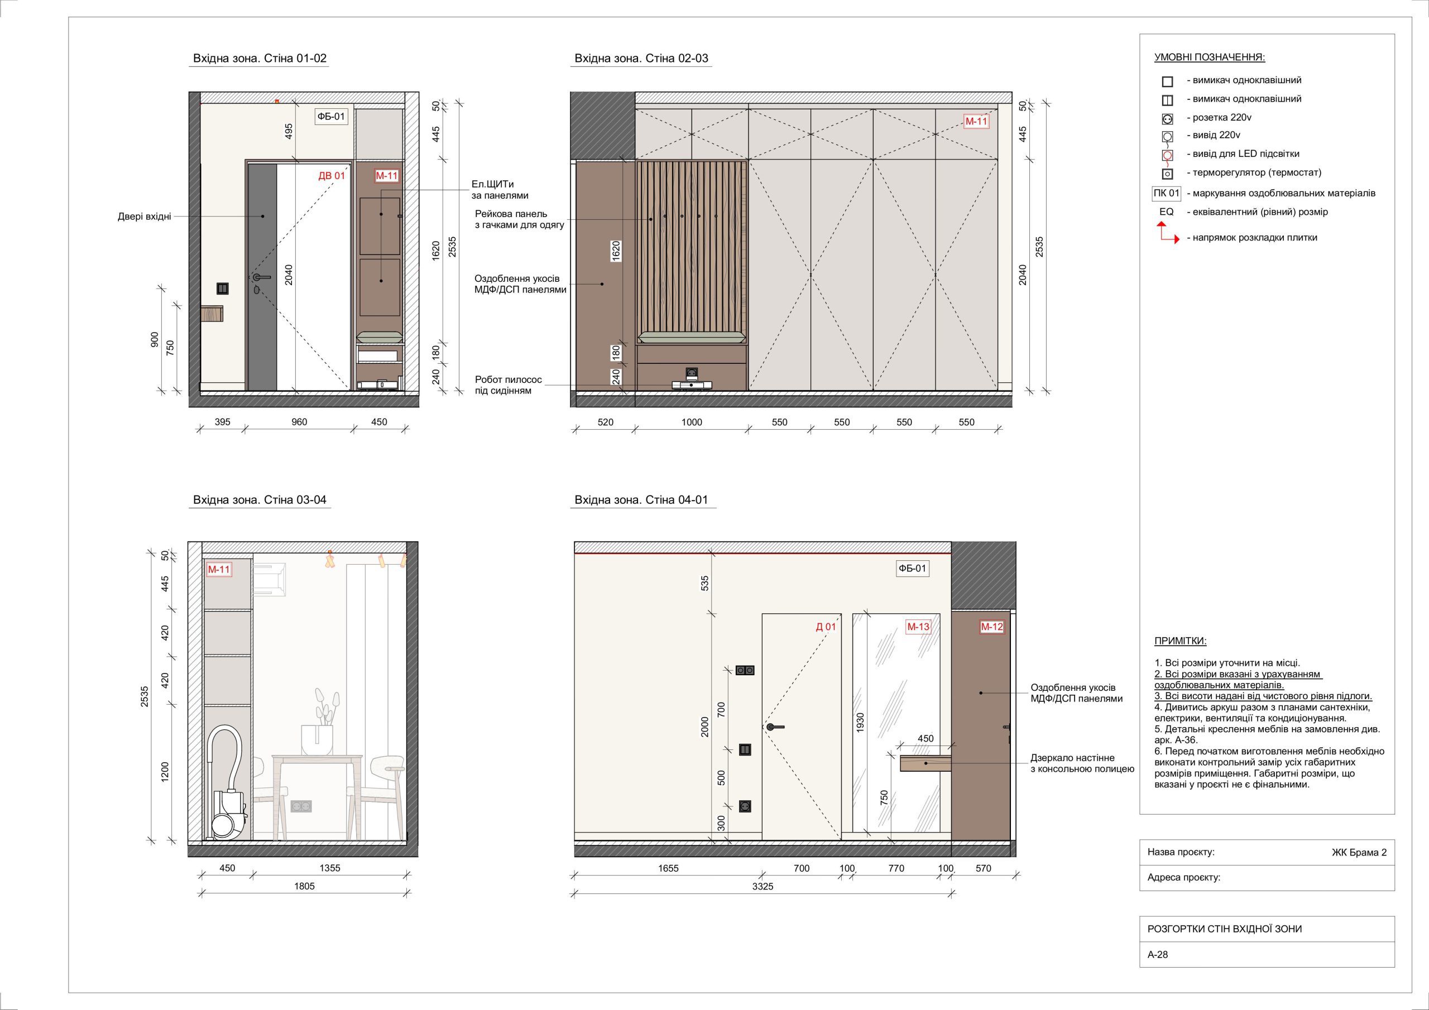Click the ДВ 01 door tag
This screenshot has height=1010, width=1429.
[331, 176]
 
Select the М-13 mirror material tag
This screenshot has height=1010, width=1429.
[918, 627]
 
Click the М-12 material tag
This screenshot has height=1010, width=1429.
[992, 627]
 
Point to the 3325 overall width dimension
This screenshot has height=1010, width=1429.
[763, 886]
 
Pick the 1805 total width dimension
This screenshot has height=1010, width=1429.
[304, 886]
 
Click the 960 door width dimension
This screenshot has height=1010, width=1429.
[299, 422]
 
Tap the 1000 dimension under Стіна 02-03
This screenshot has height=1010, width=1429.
[692, 422]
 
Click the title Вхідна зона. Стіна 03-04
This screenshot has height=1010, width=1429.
[260, 500]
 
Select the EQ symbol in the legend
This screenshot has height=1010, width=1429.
[1166, 212]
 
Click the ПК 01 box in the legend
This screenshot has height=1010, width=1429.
[1166, 194]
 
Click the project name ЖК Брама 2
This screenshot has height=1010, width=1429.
[1359, 853]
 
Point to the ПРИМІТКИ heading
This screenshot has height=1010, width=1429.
[1180, 641]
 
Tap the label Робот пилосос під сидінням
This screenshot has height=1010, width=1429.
[509, 385]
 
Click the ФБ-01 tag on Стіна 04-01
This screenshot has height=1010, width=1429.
[913, 568]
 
